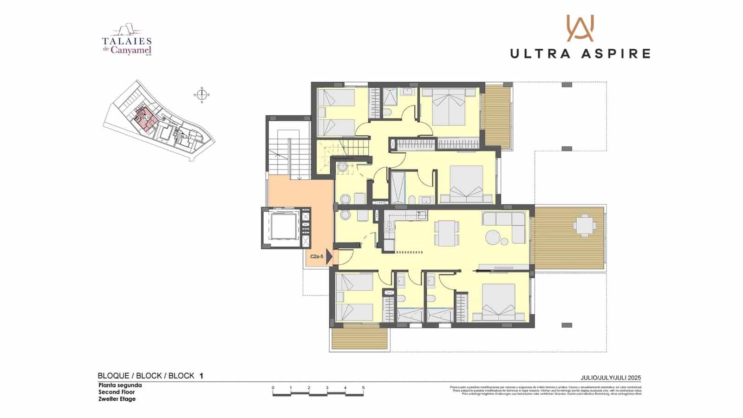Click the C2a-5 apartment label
point(317,256)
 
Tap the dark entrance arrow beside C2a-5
point(329,256)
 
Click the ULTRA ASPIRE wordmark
point(580,53)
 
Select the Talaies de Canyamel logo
point(127,41)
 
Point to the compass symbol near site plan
point(202,95)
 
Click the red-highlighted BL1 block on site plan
point(145,117)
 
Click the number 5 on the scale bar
point(363,388)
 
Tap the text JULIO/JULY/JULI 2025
point(611,378)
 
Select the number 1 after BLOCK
point(201,376)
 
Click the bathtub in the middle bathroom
point(398,188)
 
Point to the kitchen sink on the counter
point(421,215)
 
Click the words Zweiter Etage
point(117,399)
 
